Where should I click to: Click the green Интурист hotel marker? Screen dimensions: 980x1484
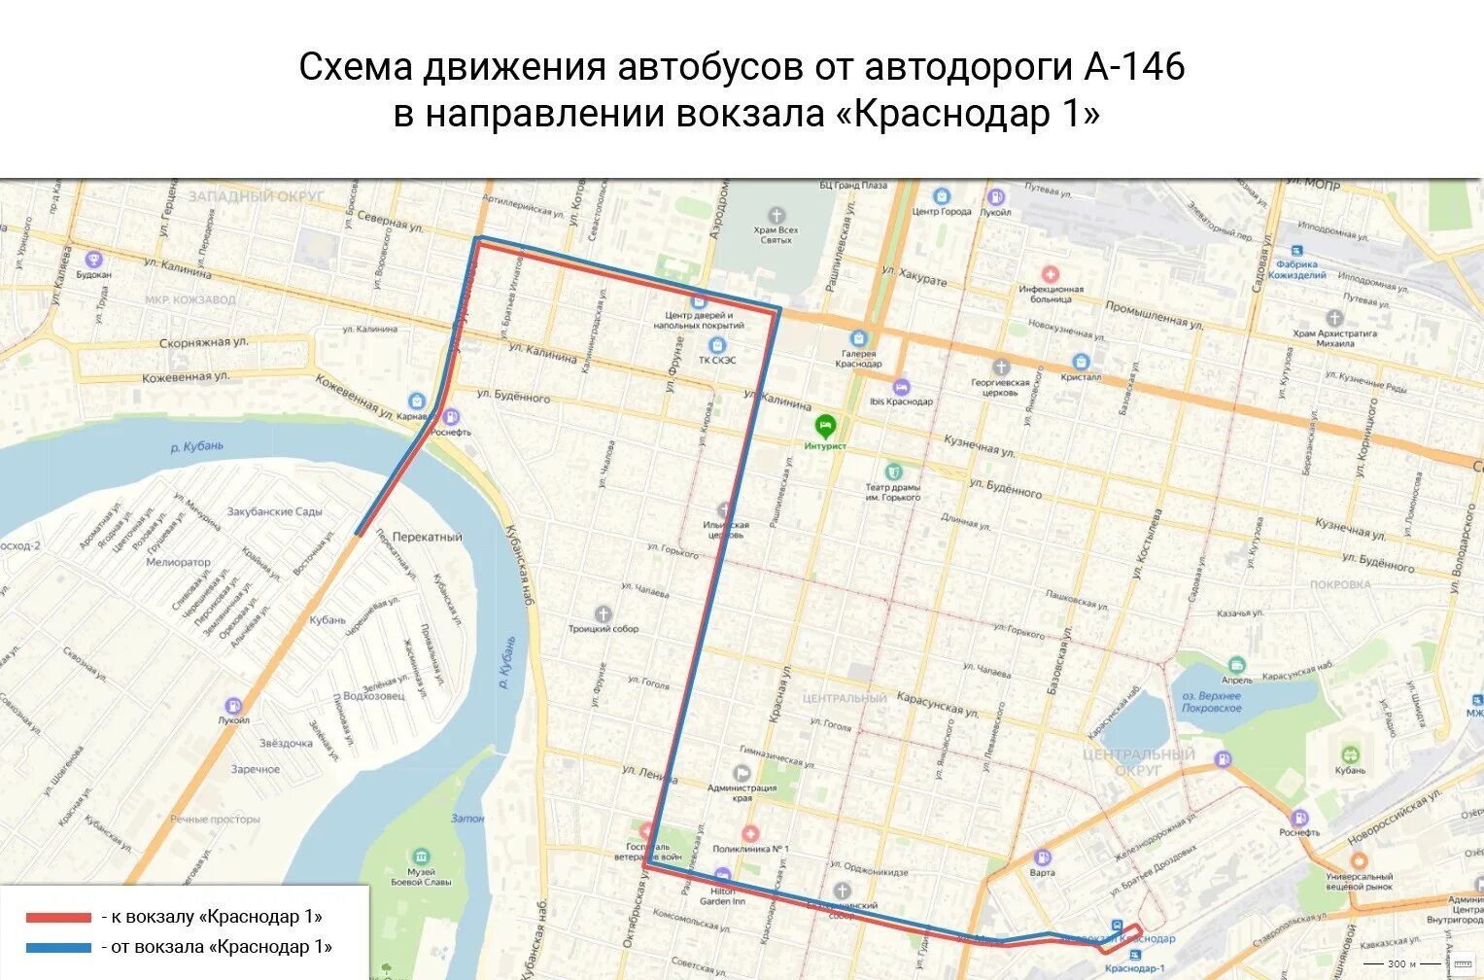(x=825, y=425)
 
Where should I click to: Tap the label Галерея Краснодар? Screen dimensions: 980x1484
(x=858, y=359)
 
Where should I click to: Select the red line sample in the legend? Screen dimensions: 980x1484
(x=58, y=917)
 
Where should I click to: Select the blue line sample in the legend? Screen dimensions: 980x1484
(x=58, y=947)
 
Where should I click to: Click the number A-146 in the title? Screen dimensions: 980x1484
(x=1133, y=67)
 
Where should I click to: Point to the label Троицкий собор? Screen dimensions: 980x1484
(x=604, y=629)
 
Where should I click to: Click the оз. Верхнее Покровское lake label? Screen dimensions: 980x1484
(x=1211, y=702)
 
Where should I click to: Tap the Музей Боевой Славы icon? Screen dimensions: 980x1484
(x=421, y=857)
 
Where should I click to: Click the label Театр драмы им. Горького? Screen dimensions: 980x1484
(x=892, y=492)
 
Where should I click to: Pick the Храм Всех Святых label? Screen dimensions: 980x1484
(x=776, y=234)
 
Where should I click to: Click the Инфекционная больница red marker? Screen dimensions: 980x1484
(x=1050, y=275)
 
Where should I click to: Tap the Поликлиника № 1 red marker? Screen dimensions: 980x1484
(x=749, y=834)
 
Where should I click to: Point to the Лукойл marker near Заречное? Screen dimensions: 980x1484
(x=233, y=706)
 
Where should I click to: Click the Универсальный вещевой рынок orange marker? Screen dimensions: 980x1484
(x=1359, y=860)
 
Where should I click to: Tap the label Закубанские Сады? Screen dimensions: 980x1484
(x=274, y=511)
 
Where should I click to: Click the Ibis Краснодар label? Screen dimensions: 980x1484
(x=901, y=401)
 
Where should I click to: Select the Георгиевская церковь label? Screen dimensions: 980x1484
(x=1001, y=387)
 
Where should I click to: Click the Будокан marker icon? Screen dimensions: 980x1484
(x=93, y=260)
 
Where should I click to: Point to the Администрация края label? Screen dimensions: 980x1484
(x=742, y=792)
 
